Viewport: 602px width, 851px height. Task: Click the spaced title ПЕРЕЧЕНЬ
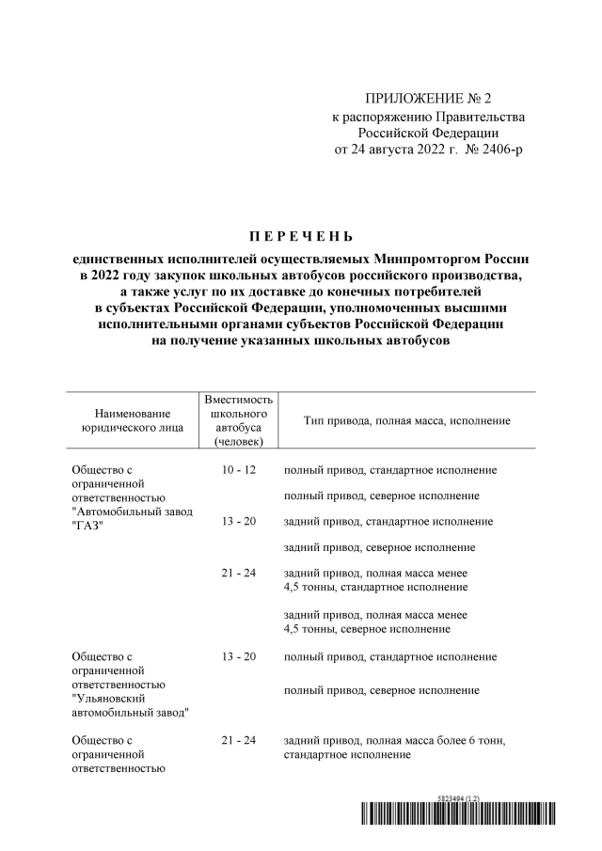point(300,234)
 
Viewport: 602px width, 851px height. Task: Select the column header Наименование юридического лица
point(133,420)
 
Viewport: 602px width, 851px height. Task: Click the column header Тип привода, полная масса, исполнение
point(406,420)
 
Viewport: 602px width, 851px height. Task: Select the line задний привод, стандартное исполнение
point(388,521)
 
